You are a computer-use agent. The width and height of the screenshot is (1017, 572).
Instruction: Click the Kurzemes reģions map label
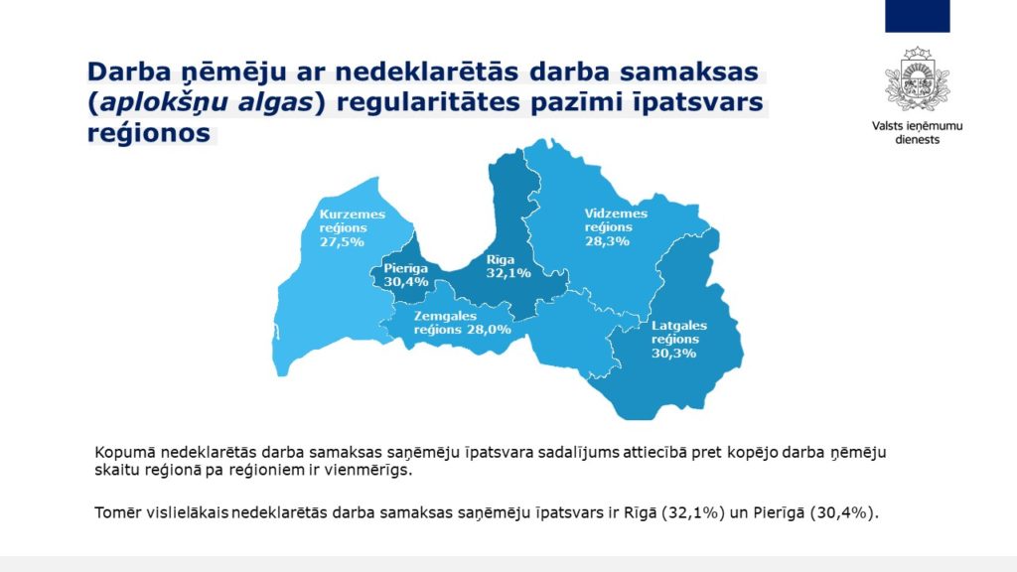pos(353,221)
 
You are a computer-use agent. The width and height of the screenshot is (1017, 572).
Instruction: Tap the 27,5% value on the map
pos(342,242)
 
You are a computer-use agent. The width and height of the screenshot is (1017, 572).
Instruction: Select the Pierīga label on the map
pos(405,268)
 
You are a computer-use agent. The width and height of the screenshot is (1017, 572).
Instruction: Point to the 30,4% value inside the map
pos(406,282)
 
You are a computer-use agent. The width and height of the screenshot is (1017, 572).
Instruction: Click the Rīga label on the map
pos(501,259)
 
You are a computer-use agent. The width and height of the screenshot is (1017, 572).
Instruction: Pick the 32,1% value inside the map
pos(508,273)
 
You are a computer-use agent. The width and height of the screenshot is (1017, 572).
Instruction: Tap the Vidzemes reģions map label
pos(616,219)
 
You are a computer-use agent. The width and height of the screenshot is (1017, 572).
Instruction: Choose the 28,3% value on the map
pos(607,241)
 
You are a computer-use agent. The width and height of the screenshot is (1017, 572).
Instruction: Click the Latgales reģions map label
pos(679,332)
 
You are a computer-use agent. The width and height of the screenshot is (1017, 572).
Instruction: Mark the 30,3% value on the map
pos(674,354)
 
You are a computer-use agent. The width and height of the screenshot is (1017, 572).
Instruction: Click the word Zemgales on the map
pos(445,316)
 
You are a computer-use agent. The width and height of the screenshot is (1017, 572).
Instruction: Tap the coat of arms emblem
pos(917,79)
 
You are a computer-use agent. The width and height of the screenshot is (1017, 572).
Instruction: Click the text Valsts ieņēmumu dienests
pos(917,132)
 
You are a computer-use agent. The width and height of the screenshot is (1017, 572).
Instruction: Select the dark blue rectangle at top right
pos(917,16)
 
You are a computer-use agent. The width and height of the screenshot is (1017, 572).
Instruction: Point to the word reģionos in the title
pos(149,134)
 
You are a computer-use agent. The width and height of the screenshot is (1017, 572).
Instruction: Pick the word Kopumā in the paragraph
pos(125,453)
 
